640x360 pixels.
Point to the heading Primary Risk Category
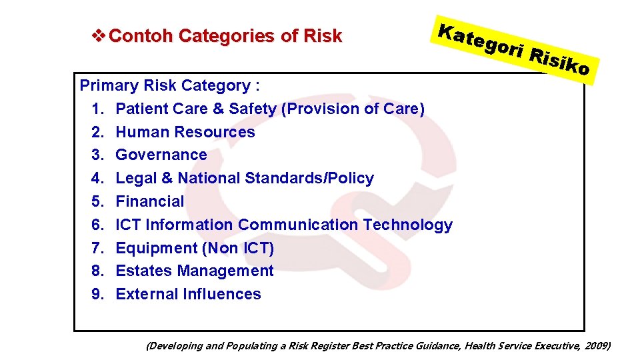coord(169,85)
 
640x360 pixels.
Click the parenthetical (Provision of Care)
coord(353,109)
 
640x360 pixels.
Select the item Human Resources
coord(185,132)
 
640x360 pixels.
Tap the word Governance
coord(161,155)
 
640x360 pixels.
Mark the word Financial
coord(150,201)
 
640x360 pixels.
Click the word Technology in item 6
coord(407,225)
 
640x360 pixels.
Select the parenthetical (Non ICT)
coord(238,248)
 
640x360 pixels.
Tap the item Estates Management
coord(195,271)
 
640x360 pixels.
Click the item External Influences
coord(189,294)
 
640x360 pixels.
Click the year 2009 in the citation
coord(596,345)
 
